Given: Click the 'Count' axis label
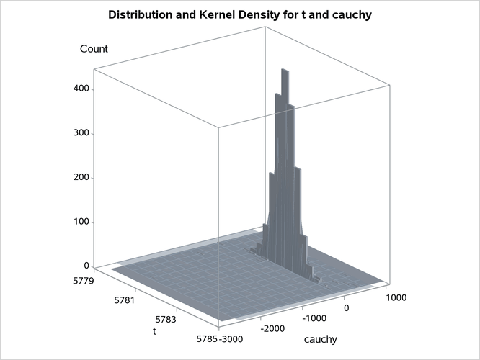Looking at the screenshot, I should (x=94, y=49).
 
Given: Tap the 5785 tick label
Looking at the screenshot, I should (x=204, y=337).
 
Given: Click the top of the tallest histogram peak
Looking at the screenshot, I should (x=285, y=70).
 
